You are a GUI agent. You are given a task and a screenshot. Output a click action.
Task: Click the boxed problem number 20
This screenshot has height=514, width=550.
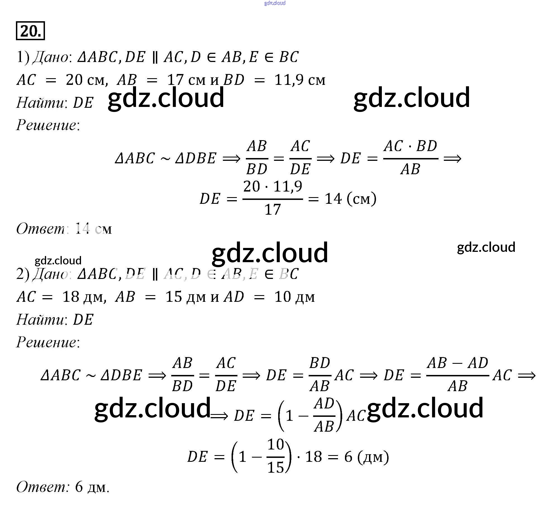(x=30, y=31)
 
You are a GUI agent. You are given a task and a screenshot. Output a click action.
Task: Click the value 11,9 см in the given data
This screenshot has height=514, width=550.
(x=300, y=80)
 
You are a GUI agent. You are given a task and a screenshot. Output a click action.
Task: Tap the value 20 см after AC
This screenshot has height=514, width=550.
(x=87, y=80)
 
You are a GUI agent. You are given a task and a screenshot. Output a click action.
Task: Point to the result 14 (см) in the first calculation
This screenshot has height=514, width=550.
(x=350, y=199)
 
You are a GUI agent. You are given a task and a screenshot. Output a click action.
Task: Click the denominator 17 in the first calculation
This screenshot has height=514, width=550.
(x=272, y=210)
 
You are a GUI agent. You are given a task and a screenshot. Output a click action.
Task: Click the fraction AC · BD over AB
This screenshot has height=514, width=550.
(x=410, y=158)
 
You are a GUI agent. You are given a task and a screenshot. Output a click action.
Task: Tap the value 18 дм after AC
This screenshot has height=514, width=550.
(x=84, y=297)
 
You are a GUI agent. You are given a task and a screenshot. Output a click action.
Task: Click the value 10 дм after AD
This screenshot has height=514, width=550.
(x=294, y=297)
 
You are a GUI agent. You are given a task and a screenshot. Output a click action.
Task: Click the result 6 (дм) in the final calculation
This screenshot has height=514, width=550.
(x=366, y=457)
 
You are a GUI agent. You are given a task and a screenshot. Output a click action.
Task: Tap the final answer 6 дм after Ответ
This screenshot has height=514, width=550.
(x=92, y=487)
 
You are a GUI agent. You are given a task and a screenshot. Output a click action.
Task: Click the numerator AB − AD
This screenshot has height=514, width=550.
(x=457, y=363)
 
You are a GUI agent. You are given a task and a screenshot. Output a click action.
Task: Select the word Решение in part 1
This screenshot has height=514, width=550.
(x=46, y=125)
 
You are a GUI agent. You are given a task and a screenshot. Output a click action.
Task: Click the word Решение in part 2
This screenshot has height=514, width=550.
(x=46, y=342)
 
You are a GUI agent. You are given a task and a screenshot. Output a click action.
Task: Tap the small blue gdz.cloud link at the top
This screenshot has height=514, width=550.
(x=275, y=3)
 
